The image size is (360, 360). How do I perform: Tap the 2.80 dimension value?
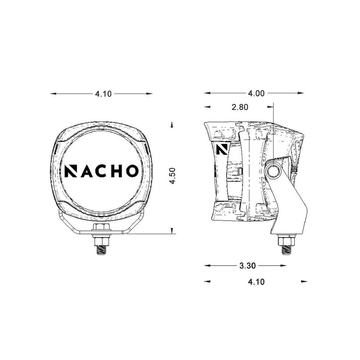point(240,107)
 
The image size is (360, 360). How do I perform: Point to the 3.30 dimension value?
point(248,266)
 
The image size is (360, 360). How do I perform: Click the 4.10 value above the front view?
point(103,94)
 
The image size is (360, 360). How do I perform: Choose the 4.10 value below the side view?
point(256,282)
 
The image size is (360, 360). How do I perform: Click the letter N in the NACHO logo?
point(71,171)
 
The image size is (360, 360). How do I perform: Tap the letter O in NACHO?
point(132,171)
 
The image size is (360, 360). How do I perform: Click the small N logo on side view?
point(222,149)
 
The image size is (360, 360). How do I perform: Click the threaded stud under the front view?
point(101,249)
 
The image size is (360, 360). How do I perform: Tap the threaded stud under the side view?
point(286,249)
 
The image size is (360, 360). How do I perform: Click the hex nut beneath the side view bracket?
point(286,241)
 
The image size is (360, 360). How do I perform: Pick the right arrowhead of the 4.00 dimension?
point(301,93)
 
